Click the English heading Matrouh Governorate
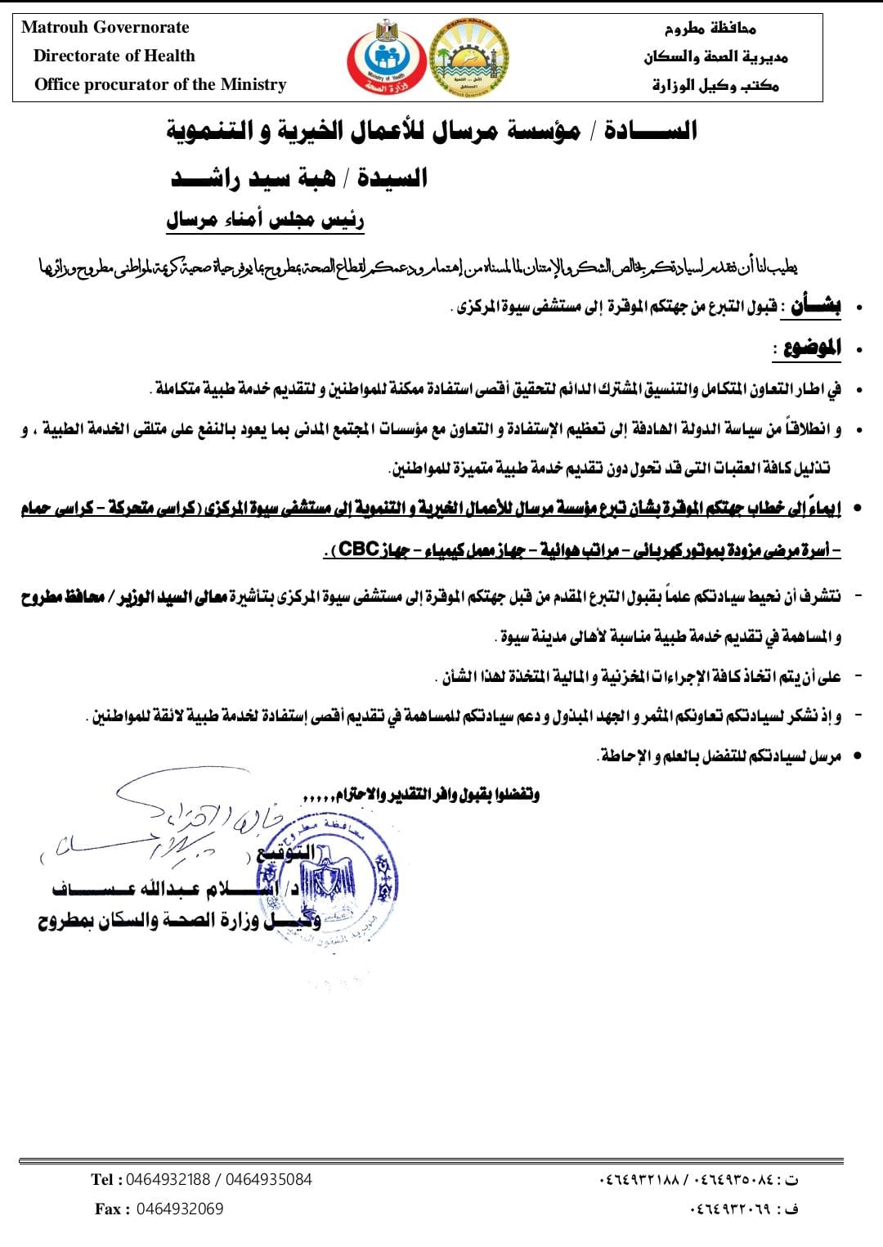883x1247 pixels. tap(105, 27)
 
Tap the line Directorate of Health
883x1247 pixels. tap(114, 56)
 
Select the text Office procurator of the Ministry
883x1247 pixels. tap(160, 84)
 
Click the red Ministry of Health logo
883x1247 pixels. tap(383, 57)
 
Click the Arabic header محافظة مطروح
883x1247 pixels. tap(710, 29)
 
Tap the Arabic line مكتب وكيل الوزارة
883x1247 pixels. tap(715, 85)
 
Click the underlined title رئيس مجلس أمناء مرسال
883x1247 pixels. tap(265, 219)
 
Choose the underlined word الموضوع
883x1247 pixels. tap(812, 348)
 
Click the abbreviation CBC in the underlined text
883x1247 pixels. tap(357, 549)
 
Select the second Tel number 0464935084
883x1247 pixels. tap(269, 1179)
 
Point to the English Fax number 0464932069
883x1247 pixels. tap(180, 1209)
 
